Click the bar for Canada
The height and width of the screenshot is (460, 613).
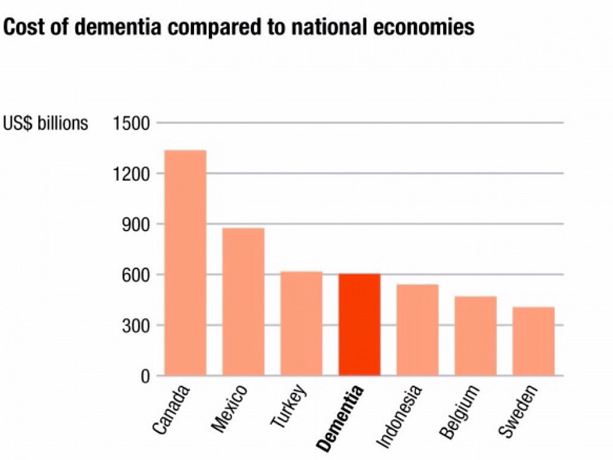[x=185, y=263]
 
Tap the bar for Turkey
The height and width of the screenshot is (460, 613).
[x=301, y=323]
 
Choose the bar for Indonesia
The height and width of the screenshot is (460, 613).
[x=417, y=330]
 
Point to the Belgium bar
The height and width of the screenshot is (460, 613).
[x=475, y=336]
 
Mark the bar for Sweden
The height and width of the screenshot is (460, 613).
[x=533, y=341]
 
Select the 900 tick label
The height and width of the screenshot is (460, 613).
[x=135, y=225]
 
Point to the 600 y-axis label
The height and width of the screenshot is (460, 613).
[x=135, y=275]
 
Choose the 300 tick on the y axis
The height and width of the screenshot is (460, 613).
[x=135, y=326]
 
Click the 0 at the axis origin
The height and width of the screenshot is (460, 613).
[x=144, y=376]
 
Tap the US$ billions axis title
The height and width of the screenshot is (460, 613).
[x=45, y=123]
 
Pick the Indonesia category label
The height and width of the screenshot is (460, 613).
[x=400, y=416]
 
